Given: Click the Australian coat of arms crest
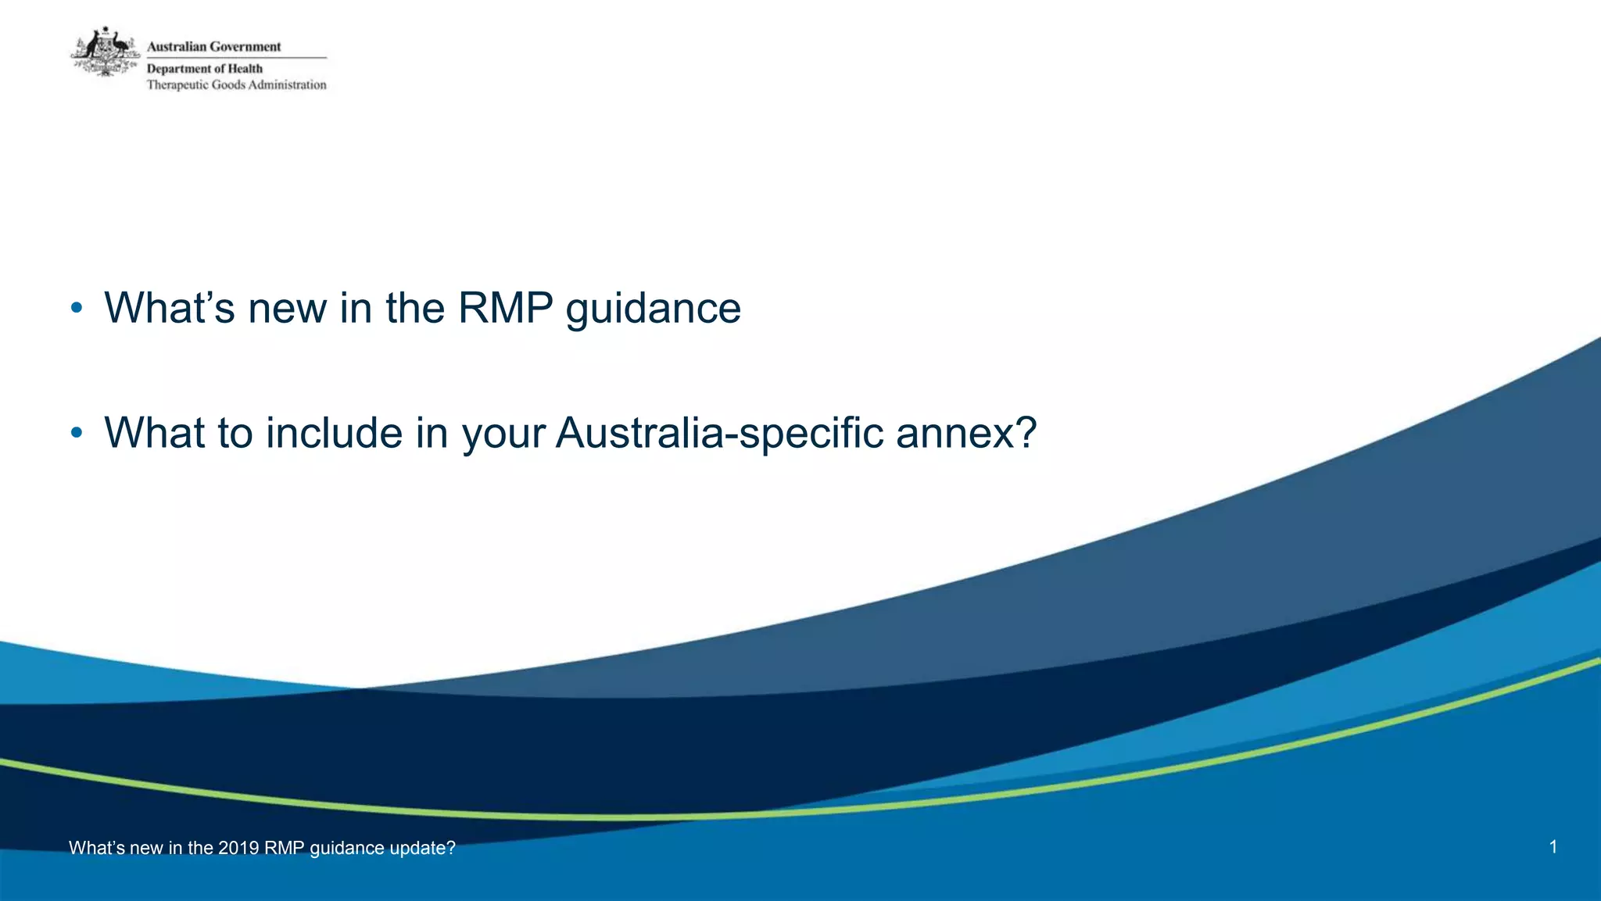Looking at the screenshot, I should [x=106, y=52].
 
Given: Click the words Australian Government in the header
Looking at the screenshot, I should [x=213, y=47].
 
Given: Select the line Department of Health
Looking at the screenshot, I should [x=205, y=69].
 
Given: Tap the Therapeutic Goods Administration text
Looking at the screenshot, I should [x=236, y=85].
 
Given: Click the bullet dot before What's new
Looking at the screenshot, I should [x=76, y=309].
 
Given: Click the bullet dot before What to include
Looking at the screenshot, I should [x=76, y=433].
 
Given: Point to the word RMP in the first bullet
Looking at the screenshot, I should [x=505, y=308].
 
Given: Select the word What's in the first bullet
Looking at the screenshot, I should [x=169, y=308].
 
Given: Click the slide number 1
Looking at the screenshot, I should [x=1553, y=847].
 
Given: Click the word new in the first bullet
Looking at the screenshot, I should [x=287, y=309].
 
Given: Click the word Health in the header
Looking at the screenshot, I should [x=245, y=69].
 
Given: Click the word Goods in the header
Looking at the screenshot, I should [x=228, y=85].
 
